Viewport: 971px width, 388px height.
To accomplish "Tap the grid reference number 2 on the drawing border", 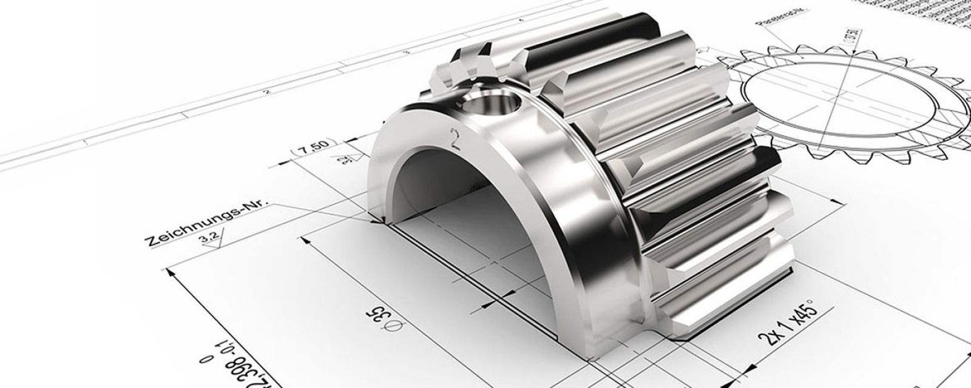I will (x=265, y=93).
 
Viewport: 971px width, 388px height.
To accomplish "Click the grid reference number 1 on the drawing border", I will (x=84, y=142).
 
